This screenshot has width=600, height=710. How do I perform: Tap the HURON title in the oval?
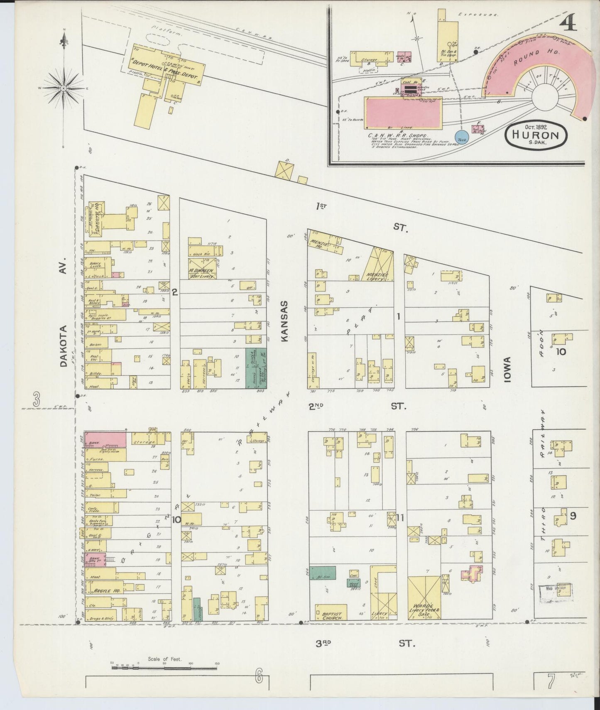[536, 135]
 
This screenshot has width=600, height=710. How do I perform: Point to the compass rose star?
[64, 88]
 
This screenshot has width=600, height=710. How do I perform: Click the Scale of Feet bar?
[164, 668]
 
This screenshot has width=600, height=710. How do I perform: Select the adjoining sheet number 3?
[37, 400]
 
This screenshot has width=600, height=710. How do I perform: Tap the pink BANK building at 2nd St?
[105, 440]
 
